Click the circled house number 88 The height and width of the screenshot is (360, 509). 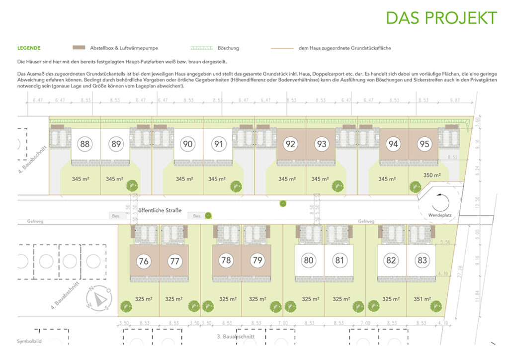85,145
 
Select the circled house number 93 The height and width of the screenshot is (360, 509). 322,145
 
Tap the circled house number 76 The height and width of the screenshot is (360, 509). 144,261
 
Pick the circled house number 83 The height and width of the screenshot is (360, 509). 422,261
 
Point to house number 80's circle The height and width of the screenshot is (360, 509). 309,261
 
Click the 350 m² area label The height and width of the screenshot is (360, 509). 432,176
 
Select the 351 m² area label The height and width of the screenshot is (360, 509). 423,299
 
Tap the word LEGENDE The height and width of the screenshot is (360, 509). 29,48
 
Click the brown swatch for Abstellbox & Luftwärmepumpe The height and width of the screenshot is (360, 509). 79,48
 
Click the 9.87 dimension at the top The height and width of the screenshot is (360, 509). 455,100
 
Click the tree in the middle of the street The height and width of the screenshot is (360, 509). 283,203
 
